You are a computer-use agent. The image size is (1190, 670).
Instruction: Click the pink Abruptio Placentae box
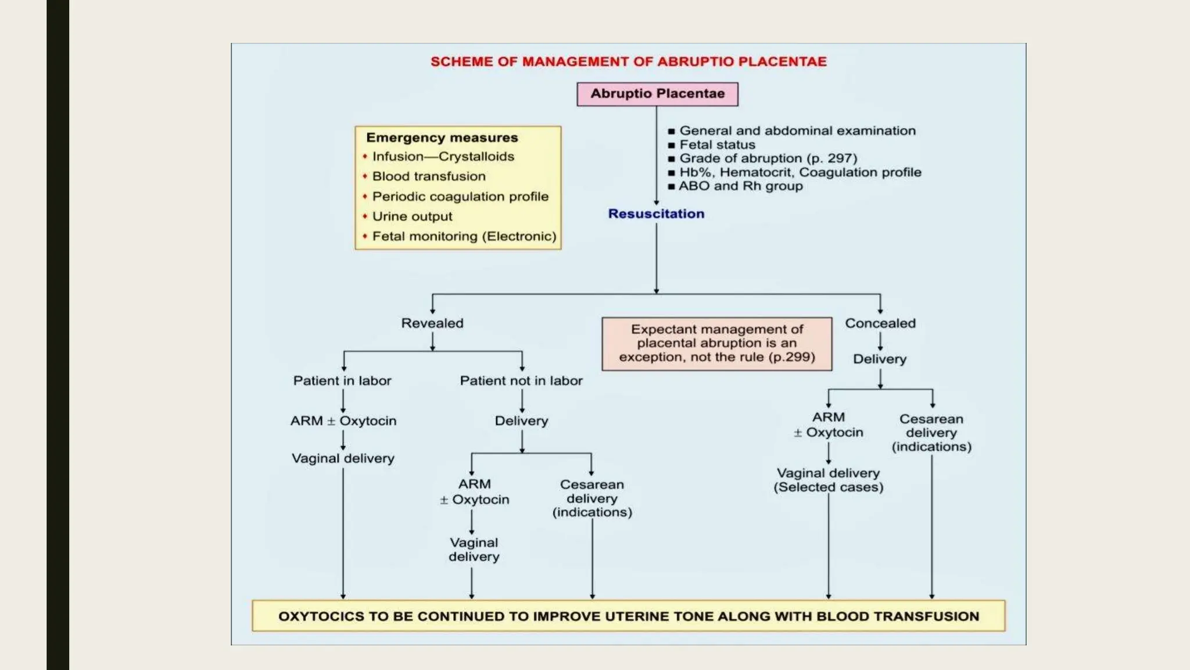(x=657, y=94)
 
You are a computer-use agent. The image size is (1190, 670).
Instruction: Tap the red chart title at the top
(x=628, y=62)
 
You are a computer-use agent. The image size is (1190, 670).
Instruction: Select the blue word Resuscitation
(x=656, y=213)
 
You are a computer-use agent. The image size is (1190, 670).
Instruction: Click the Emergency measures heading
(x=442, y=138)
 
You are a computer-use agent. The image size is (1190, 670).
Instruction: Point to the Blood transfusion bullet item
(x=428, y=176)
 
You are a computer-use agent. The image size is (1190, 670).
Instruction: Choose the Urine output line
(x=412, y=216)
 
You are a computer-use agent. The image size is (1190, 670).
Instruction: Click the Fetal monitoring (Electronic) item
(x=464, y=236)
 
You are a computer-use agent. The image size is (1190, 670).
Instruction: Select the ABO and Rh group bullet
(x=740, y=186)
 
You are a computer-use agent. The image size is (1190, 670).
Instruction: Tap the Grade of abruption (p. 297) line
(x=768, y=158)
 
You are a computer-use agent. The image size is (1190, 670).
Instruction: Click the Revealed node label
(x=432, y=323)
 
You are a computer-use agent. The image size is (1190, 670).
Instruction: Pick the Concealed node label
(x=880, y=323)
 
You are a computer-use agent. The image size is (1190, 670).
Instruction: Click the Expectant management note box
(x=716, y=343)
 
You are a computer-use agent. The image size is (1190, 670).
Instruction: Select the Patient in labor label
(x=342, y=381)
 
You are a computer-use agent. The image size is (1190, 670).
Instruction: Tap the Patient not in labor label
(x=521, y=381)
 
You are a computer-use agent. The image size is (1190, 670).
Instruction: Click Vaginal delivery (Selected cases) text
(x=828, y=480)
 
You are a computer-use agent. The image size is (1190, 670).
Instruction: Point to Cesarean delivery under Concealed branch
(x=931, y=433)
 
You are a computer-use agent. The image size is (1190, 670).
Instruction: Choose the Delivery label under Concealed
(x=879, y=359)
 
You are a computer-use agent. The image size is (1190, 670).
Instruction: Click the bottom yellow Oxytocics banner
(x=628, y=616)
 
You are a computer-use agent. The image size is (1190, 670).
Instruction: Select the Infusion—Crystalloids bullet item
(x=443, y=156)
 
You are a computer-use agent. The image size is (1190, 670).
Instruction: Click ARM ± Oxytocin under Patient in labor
(x=343, y=420)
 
